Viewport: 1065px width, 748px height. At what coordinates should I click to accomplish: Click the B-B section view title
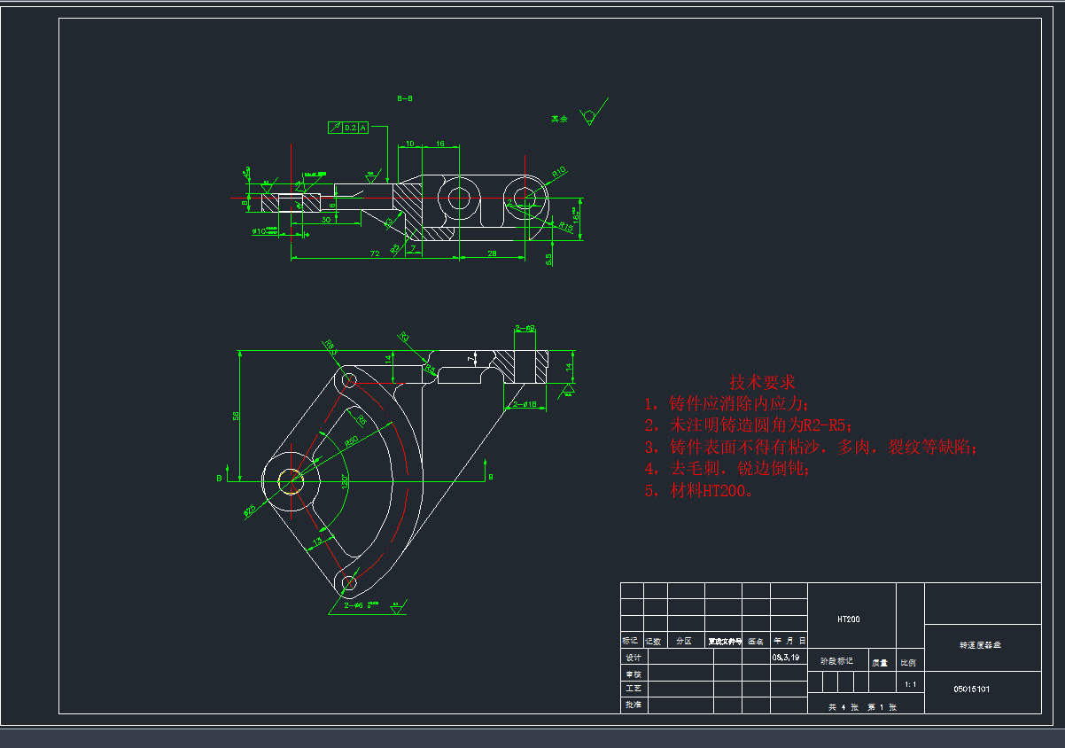405,98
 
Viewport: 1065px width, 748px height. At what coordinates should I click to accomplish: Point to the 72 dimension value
375,253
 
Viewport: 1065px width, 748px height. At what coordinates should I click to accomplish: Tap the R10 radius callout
558,171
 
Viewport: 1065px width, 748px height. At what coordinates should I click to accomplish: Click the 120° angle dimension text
344,483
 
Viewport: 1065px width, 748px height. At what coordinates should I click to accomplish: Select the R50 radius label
351,440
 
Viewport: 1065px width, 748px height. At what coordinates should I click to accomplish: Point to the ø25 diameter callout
250,510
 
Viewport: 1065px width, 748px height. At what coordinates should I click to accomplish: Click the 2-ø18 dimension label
525,404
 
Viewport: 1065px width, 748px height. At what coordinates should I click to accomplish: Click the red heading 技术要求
762,382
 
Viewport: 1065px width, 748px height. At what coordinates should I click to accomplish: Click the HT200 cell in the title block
848,619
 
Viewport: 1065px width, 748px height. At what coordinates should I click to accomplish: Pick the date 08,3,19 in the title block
786,658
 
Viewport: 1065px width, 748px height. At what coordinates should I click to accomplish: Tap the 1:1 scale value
910,684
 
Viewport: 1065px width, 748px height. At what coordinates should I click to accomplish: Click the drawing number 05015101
971,688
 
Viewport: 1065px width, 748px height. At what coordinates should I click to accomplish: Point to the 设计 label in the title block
633,658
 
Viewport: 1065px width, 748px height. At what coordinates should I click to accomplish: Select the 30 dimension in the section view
326,220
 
